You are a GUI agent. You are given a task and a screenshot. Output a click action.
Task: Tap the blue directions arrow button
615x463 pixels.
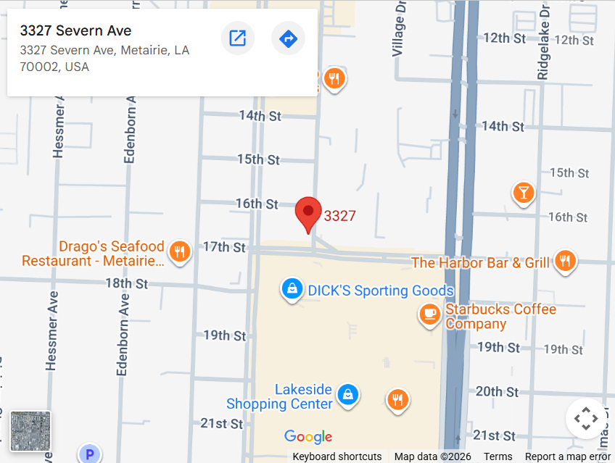tap(288, 38)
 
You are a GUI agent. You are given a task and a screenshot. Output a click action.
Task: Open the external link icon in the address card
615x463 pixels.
tap(238, 38)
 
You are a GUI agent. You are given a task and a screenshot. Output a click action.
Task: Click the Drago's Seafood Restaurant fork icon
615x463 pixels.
tap(178, 252)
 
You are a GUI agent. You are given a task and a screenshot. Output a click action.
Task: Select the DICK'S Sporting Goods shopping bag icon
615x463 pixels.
tap(292, 289)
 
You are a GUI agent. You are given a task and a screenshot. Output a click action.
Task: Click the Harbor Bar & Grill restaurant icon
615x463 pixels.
tap(565, 262)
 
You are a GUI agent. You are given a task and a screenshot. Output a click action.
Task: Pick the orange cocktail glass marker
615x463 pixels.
tap(523, 192)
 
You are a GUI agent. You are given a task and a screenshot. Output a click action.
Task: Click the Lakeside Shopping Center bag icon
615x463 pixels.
tap(349, 395)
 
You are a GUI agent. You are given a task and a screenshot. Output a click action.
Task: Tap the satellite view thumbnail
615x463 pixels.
tap(30, 432)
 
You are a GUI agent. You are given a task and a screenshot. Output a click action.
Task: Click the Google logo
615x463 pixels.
tap(308, 436)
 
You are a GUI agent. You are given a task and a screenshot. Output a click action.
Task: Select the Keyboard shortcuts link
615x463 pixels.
tap(337, 456)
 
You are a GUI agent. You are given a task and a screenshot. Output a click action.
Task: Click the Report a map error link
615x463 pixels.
tap(568, 456)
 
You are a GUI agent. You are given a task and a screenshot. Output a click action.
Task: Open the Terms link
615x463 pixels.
tap(498, 456)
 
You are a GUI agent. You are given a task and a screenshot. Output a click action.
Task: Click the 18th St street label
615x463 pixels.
tap(127, 283)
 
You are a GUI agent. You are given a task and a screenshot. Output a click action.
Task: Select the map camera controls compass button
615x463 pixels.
tap(585, 419)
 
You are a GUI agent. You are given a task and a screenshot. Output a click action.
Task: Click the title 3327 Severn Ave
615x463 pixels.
tap(76, 30)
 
